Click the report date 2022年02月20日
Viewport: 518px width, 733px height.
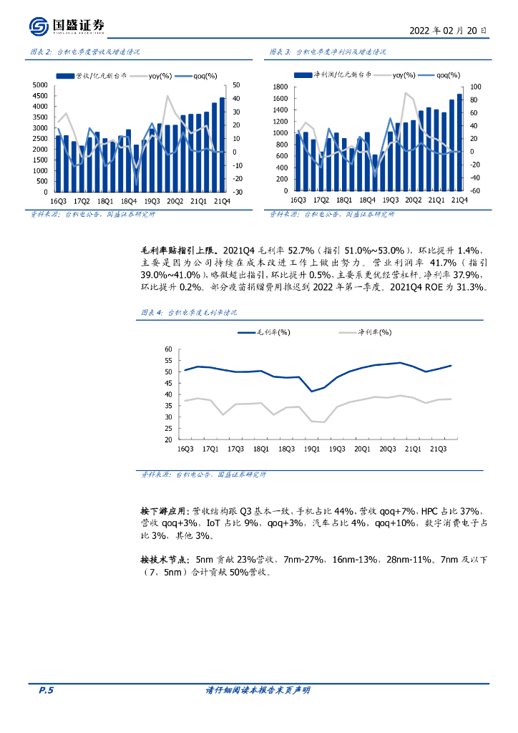coord(448,31)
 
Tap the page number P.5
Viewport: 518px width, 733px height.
coord(46,690)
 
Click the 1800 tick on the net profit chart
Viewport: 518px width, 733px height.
coord(279,87)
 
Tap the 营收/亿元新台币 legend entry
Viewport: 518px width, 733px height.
coord(101,74)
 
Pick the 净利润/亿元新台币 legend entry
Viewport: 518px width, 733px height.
coord(340,74)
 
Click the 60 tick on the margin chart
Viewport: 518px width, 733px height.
coord(169,349)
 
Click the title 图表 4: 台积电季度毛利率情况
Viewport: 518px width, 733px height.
coord(187,313)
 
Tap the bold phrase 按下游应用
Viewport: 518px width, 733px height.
coord(165,511)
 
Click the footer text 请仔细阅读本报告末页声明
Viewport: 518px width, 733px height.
coord(258,690)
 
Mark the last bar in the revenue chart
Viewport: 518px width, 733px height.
coord(222,145)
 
